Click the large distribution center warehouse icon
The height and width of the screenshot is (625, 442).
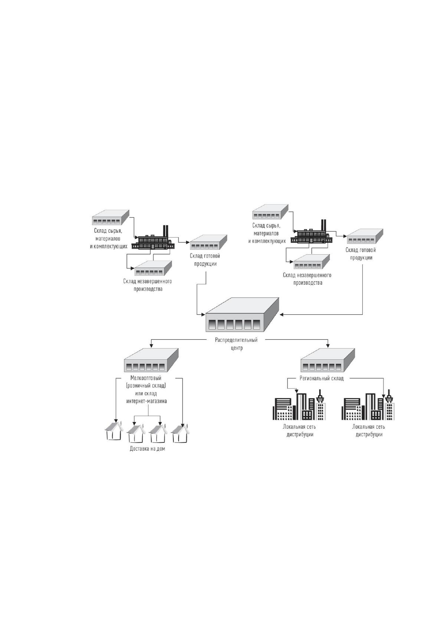(x=242, y=314)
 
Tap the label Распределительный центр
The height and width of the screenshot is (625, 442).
(x=236, y=344)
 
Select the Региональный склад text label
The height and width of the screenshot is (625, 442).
(x=321, y=378)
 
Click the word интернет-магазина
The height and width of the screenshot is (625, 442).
(x=147, y=401)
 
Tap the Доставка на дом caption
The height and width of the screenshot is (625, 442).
(x=147, y=449)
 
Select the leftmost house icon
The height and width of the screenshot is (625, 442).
(x=114, y=431)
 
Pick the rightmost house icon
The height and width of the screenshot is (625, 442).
(x=180, y=432)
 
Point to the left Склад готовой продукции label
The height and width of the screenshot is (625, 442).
(x=205, y=260)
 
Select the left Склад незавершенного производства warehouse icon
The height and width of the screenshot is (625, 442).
(x=153, y=268)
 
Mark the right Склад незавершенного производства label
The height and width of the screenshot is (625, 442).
(x=307, y=279)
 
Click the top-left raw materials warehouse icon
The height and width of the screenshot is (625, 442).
(x=111, y=217)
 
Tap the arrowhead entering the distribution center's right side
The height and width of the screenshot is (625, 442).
(x=282, y=314)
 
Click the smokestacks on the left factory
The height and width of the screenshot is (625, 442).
(x=166, y=231)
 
